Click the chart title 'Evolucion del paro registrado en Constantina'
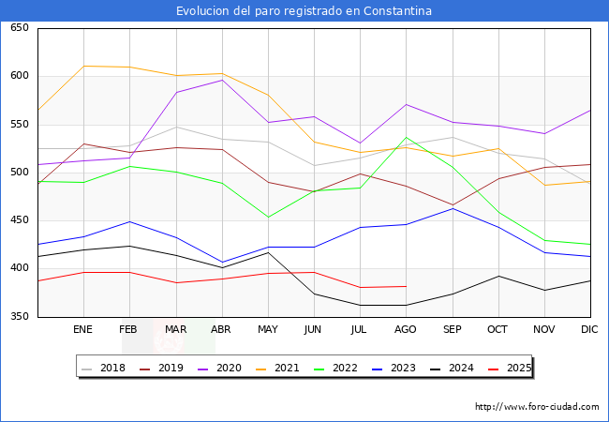tap(304, 11)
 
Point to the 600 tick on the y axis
tap(19, 76)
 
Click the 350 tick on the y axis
tap(19, 317)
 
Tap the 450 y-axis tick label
tap(19, 220)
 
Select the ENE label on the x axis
tap(83, 330)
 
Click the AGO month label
tap(406, 330)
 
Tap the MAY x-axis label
tap(268, 330)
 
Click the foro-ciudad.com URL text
tap(537, 407)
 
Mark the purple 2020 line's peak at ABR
tap(222, 80)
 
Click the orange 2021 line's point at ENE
tap(83, 66)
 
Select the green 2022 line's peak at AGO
tap(406, 138)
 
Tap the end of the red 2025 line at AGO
tap(406, 286)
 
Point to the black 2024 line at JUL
tap(360, 305)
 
